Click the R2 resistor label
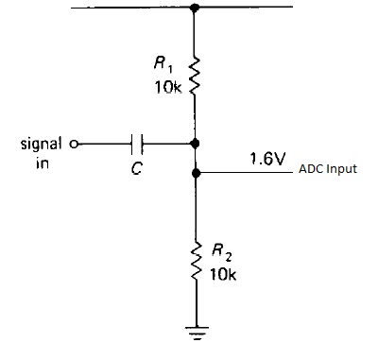[219, 253]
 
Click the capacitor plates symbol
[139, 144]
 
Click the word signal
[41, 145]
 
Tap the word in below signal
[41, 162]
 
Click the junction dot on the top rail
[196, 8]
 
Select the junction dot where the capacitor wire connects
[196, 144]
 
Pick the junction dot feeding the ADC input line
[196, 174]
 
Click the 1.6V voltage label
[267, 159]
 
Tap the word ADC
[311, 172]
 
